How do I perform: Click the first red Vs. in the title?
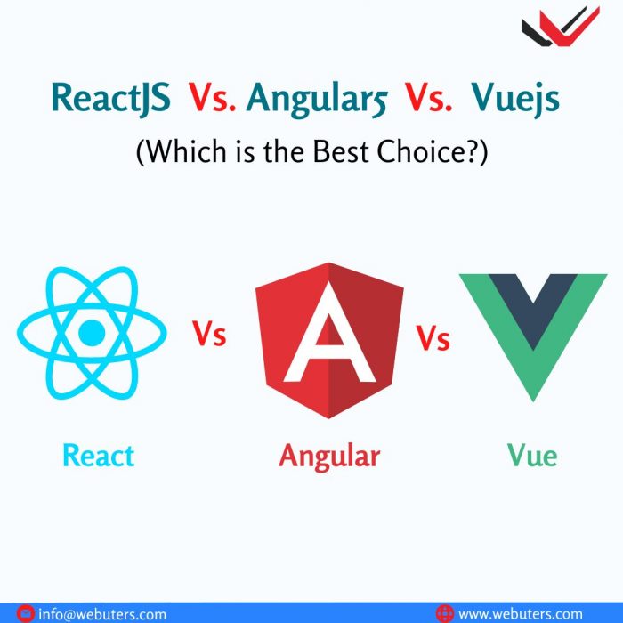tap(214, 98)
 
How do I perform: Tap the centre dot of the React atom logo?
tap(92, 334)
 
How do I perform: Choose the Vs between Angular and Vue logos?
tap(433, 338)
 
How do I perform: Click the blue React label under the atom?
tap(98, 455)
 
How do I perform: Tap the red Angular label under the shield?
tap(329, 457)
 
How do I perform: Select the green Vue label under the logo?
tap(532, 455)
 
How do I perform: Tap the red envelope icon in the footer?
tap(25, 613)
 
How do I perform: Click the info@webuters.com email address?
tap(101, 613)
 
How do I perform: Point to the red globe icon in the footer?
tap(445, 613)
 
